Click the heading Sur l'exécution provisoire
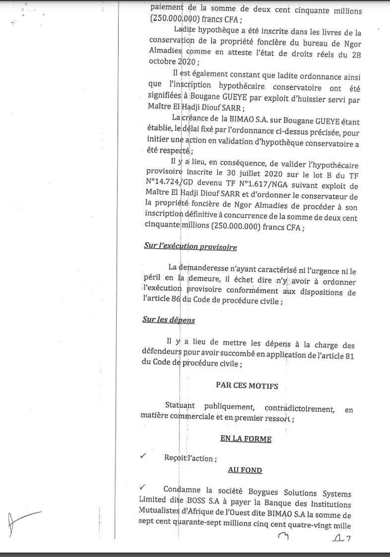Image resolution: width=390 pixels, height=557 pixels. [x=190, y=247]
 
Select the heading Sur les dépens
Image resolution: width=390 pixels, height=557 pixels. [x=169, y=320]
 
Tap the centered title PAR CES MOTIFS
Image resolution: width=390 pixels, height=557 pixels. [x=247, y=385]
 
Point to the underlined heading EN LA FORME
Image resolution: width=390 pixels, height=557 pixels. [x=246, y=439]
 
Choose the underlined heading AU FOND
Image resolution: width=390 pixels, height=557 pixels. [x=245, y=470]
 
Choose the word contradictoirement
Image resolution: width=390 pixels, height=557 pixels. [x=300, y=409]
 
